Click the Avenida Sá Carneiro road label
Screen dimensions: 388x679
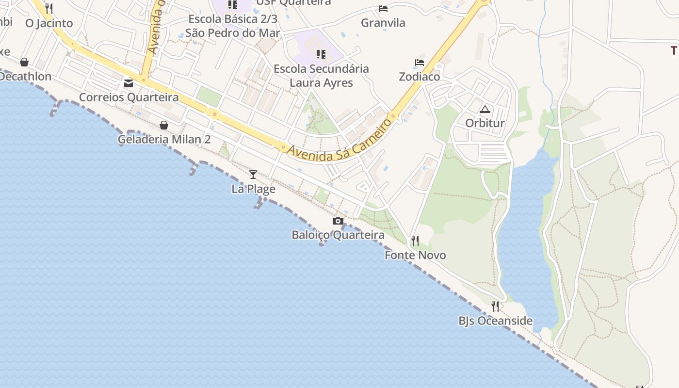[339, 141]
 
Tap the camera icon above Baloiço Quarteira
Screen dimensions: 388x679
[338, 221]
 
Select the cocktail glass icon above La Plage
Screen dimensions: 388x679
[253, 175]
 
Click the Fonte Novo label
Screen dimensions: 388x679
[415, 255]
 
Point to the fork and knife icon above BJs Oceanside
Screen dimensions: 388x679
[495, 307]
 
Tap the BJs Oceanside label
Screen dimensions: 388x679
[495, 321]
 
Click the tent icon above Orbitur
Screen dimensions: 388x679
[485, 110]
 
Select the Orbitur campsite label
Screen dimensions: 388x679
[485, 123]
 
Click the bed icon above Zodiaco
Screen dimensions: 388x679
[420, 63]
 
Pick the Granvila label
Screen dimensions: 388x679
[383, 23]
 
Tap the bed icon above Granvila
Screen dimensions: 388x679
[383, 9]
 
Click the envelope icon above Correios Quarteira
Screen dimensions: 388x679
[129, 83]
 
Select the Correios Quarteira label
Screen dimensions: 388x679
[129, 97]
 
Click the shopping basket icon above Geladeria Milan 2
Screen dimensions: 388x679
[164, 126]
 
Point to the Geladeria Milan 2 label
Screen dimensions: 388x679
[164, 140]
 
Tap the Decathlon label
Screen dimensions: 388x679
[25, 77]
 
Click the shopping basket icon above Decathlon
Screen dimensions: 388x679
[24, 62]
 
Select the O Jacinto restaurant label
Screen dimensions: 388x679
[49, 23]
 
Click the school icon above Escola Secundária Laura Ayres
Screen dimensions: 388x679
[321, 54]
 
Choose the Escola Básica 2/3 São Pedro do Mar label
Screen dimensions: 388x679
[233, 26]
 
